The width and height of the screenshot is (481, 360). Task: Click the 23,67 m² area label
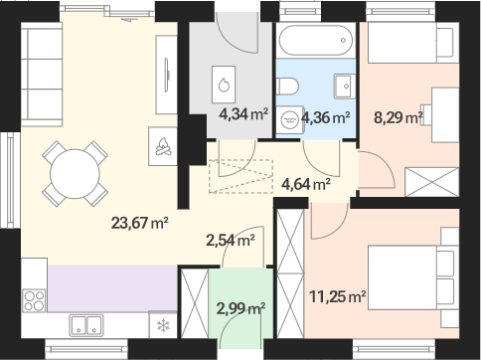point(140,223)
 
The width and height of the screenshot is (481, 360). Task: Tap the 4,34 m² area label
point(243,114)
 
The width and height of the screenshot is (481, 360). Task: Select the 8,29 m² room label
point(399,117)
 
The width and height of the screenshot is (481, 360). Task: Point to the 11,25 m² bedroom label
point(338,296)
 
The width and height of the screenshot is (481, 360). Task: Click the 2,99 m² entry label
point(240,308)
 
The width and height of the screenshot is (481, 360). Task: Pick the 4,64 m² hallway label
point(306,184)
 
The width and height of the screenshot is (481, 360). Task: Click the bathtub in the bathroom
point(316,40)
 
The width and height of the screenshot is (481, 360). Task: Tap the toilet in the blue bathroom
point(287,87)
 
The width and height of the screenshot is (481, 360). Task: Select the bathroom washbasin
point(345,87)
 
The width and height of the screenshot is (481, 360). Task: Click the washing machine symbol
point(289,119)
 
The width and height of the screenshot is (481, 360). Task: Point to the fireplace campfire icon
point(163,146)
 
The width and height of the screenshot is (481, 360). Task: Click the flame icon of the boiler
point(224,85)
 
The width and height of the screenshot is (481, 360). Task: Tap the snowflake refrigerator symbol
point(163,325)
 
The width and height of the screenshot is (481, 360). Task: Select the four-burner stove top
point(34,300)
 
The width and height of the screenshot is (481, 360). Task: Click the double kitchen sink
point(86,325)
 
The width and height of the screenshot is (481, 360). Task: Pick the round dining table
point(75,174)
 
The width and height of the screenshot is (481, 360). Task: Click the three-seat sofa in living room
point(42,75)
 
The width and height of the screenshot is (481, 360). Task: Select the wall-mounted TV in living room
point(167,75)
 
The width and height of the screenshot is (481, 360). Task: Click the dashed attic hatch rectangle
point(240,176)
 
